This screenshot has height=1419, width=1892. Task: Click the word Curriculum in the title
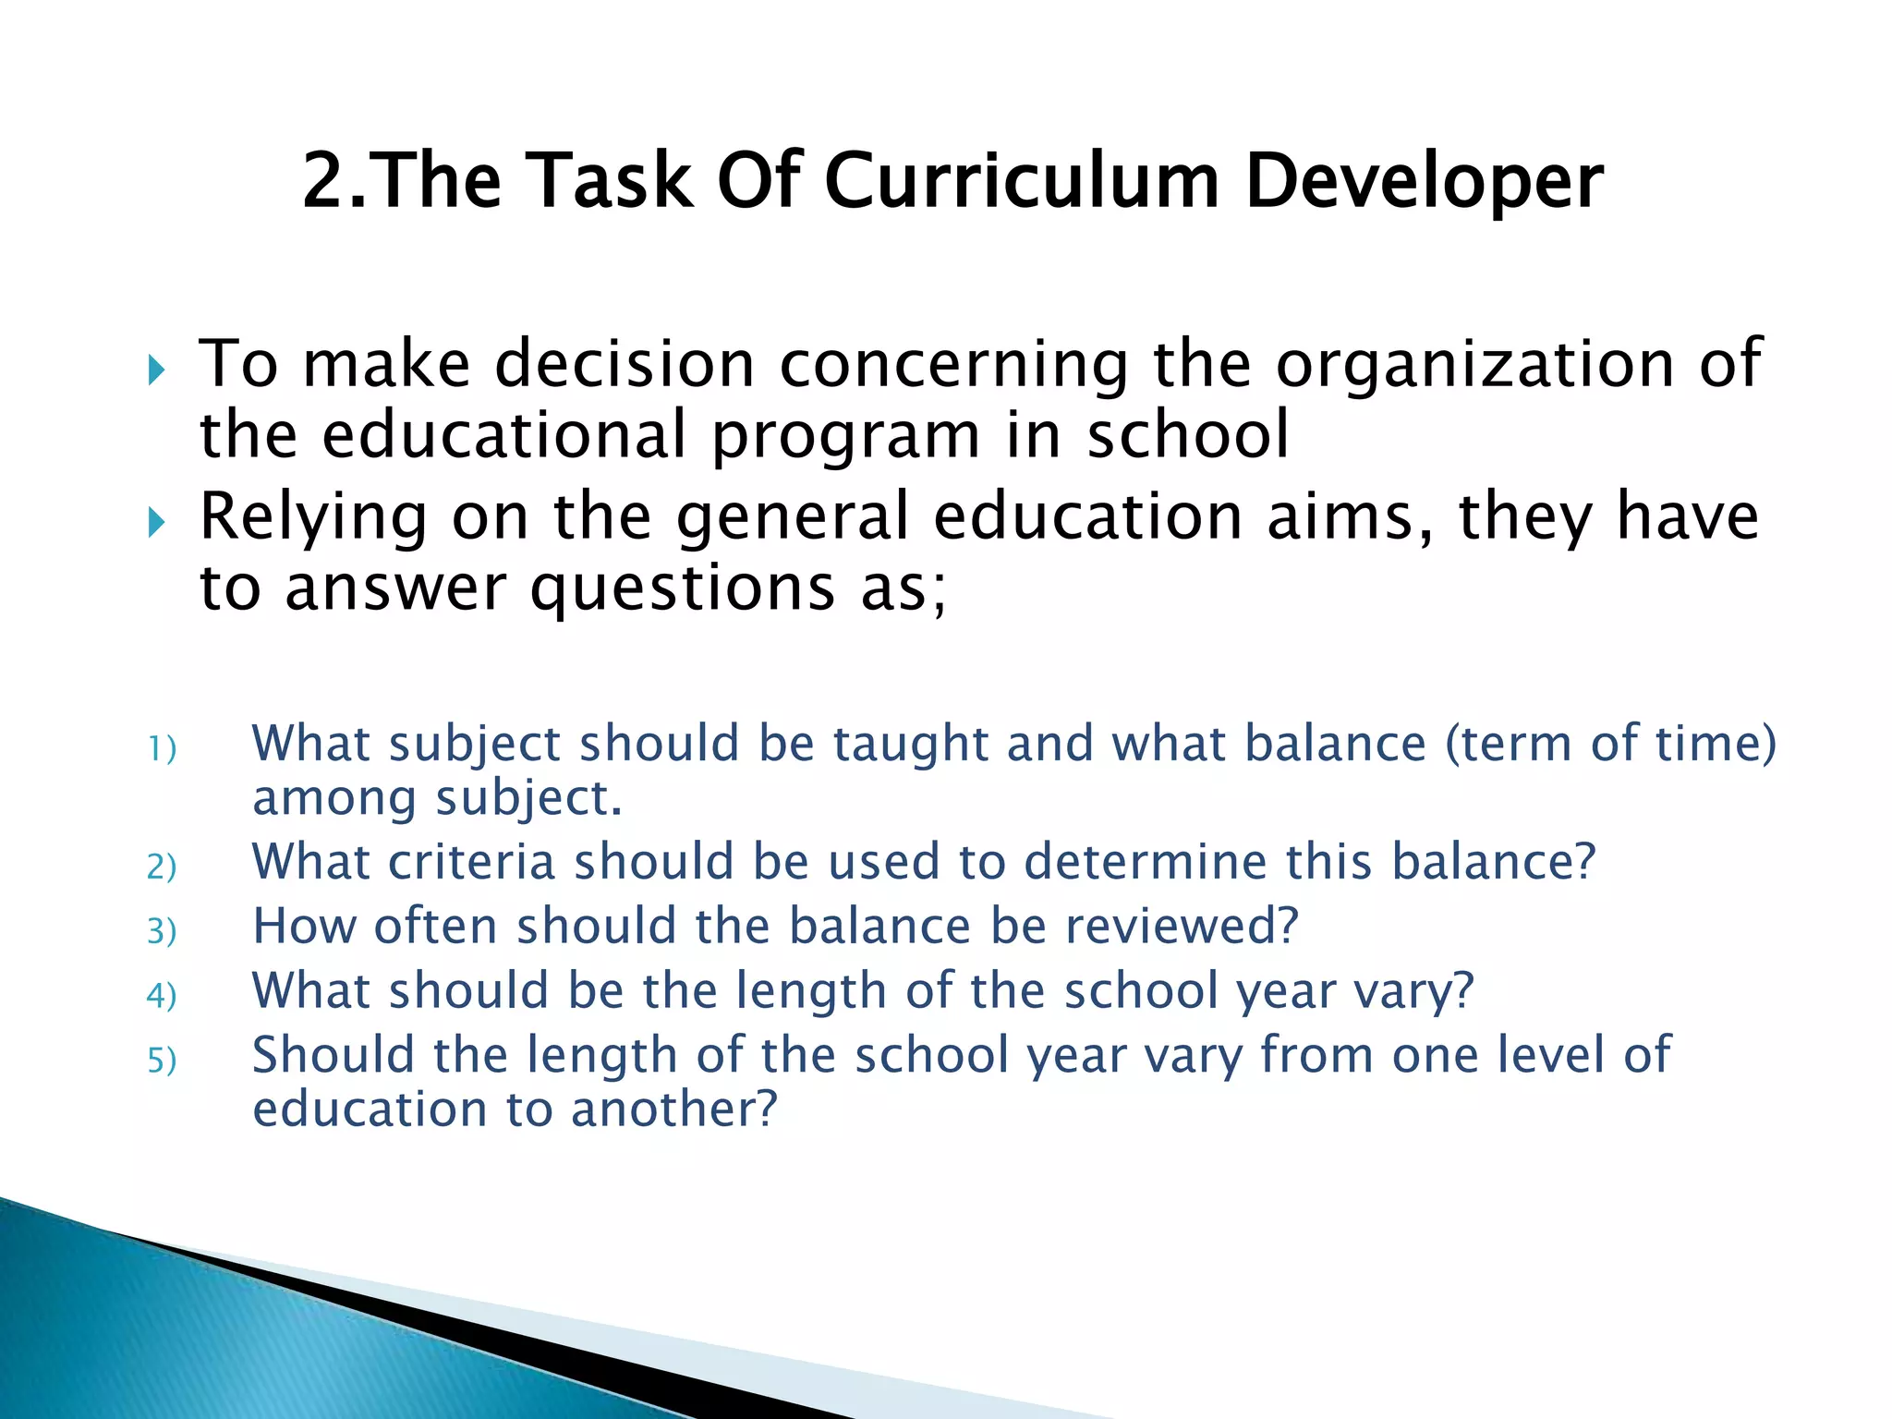1021,181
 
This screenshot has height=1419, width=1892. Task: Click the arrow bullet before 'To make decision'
156,371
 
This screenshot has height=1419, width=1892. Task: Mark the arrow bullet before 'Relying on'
156,524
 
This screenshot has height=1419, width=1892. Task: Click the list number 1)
162,748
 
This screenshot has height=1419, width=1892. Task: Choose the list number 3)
162,931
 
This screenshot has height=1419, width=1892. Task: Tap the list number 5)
162,1061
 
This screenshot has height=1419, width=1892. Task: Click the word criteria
471,862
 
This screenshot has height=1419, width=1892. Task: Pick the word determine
1145,862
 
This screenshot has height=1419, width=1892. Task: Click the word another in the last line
674,1110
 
